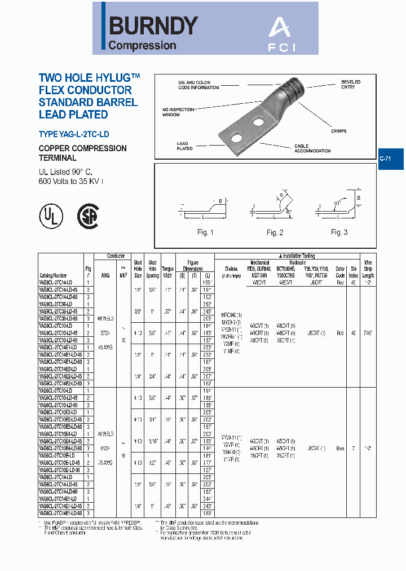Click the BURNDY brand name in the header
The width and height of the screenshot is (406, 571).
coord(153,25)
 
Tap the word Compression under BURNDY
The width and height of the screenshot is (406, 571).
coord(142,46)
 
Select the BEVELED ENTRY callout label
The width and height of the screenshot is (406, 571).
coord(351,85)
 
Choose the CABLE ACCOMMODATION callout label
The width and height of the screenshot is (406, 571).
coord(312,148)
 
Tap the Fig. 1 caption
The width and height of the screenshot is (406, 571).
coord(205,232)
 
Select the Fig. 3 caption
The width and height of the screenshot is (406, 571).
coord(339,232)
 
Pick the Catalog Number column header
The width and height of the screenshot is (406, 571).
coord(52,276)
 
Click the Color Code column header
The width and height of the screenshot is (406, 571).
coord(340,273)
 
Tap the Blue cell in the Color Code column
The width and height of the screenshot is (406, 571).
coord(340,449)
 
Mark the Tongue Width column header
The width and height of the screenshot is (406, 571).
coord(167,273)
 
